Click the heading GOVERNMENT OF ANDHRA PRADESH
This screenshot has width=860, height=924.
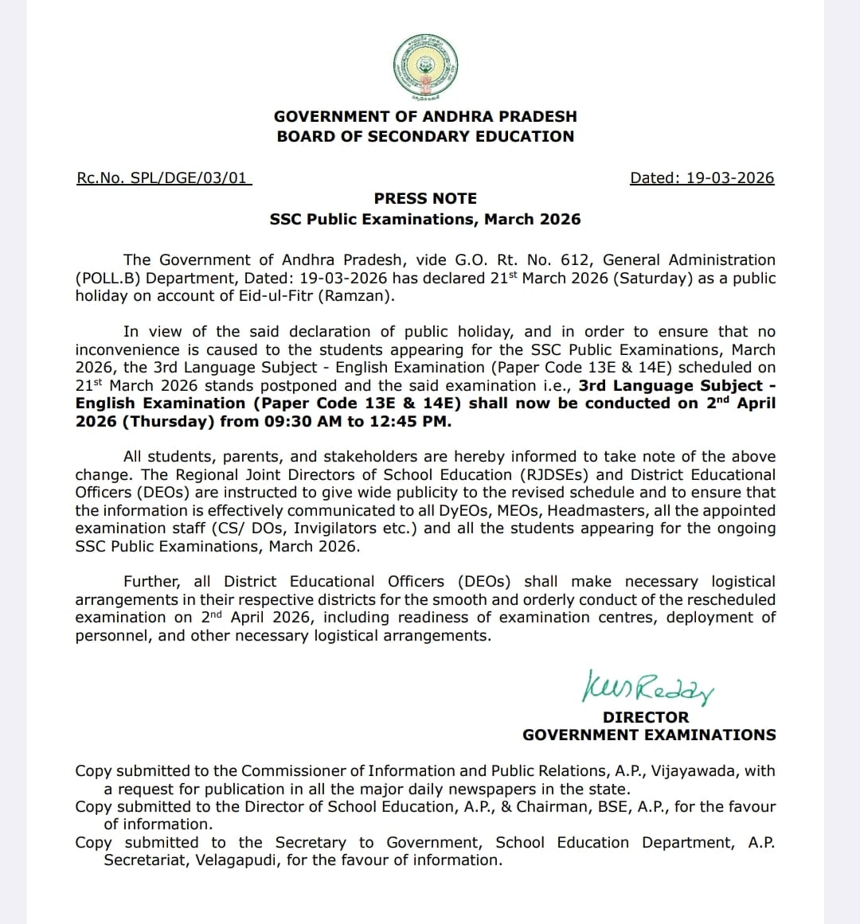tap(425, 116)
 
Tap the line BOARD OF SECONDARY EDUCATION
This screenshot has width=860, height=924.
tap(425, 136)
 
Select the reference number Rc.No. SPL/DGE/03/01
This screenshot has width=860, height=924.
tap(163, 178)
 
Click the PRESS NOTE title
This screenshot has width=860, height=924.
tap(425, 198)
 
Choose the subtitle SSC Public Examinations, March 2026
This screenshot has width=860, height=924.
tap(425, 219)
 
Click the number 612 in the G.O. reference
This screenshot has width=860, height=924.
tap(576, 260)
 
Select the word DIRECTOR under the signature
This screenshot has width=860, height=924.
tap(646, 717)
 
